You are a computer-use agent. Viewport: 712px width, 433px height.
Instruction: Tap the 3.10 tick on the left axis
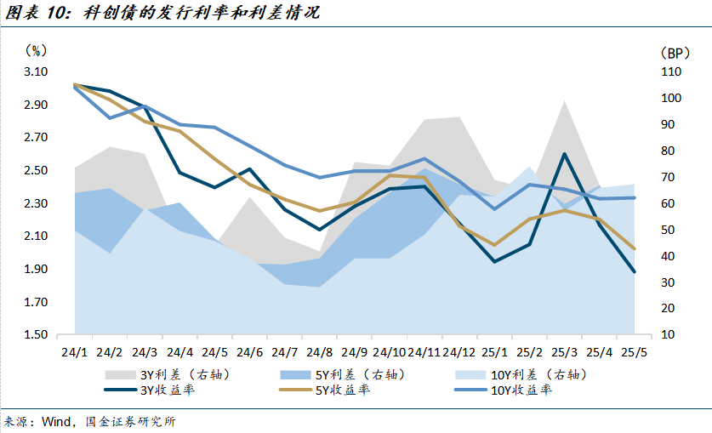[x=35, y=72]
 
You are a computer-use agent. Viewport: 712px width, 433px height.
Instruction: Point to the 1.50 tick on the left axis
[x=35, y=334]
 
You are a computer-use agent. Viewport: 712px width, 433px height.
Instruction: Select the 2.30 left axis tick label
[x=35, y=203]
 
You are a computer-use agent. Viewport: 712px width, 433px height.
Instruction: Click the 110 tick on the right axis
[x=670, y=72]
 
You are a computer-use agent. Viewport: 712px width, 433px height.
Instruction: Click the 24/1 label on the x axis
[x=74, y=351]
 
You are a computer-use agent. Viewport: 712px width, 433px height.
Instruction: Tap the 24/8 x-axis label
[x=320, y=351]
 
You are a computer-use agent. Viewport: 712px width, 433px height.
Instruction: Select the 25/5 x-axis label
[x=635, y=351]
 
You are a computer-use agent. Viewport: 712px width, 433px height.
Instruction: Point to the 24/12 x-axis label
[x=459, y=351]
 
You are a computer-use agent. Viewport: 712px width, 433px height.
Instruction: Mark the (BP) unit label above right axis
[x=671, y=53]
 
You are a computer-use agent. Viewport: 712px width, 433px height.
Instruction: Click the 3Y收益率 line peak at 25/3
[x=564, y=155]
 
